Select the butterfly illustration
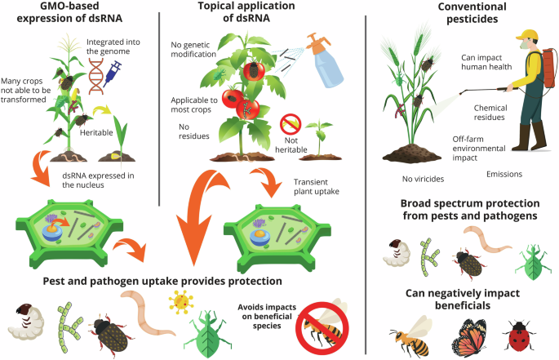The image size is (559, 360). pyautogui.click(x=471, y=335)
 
